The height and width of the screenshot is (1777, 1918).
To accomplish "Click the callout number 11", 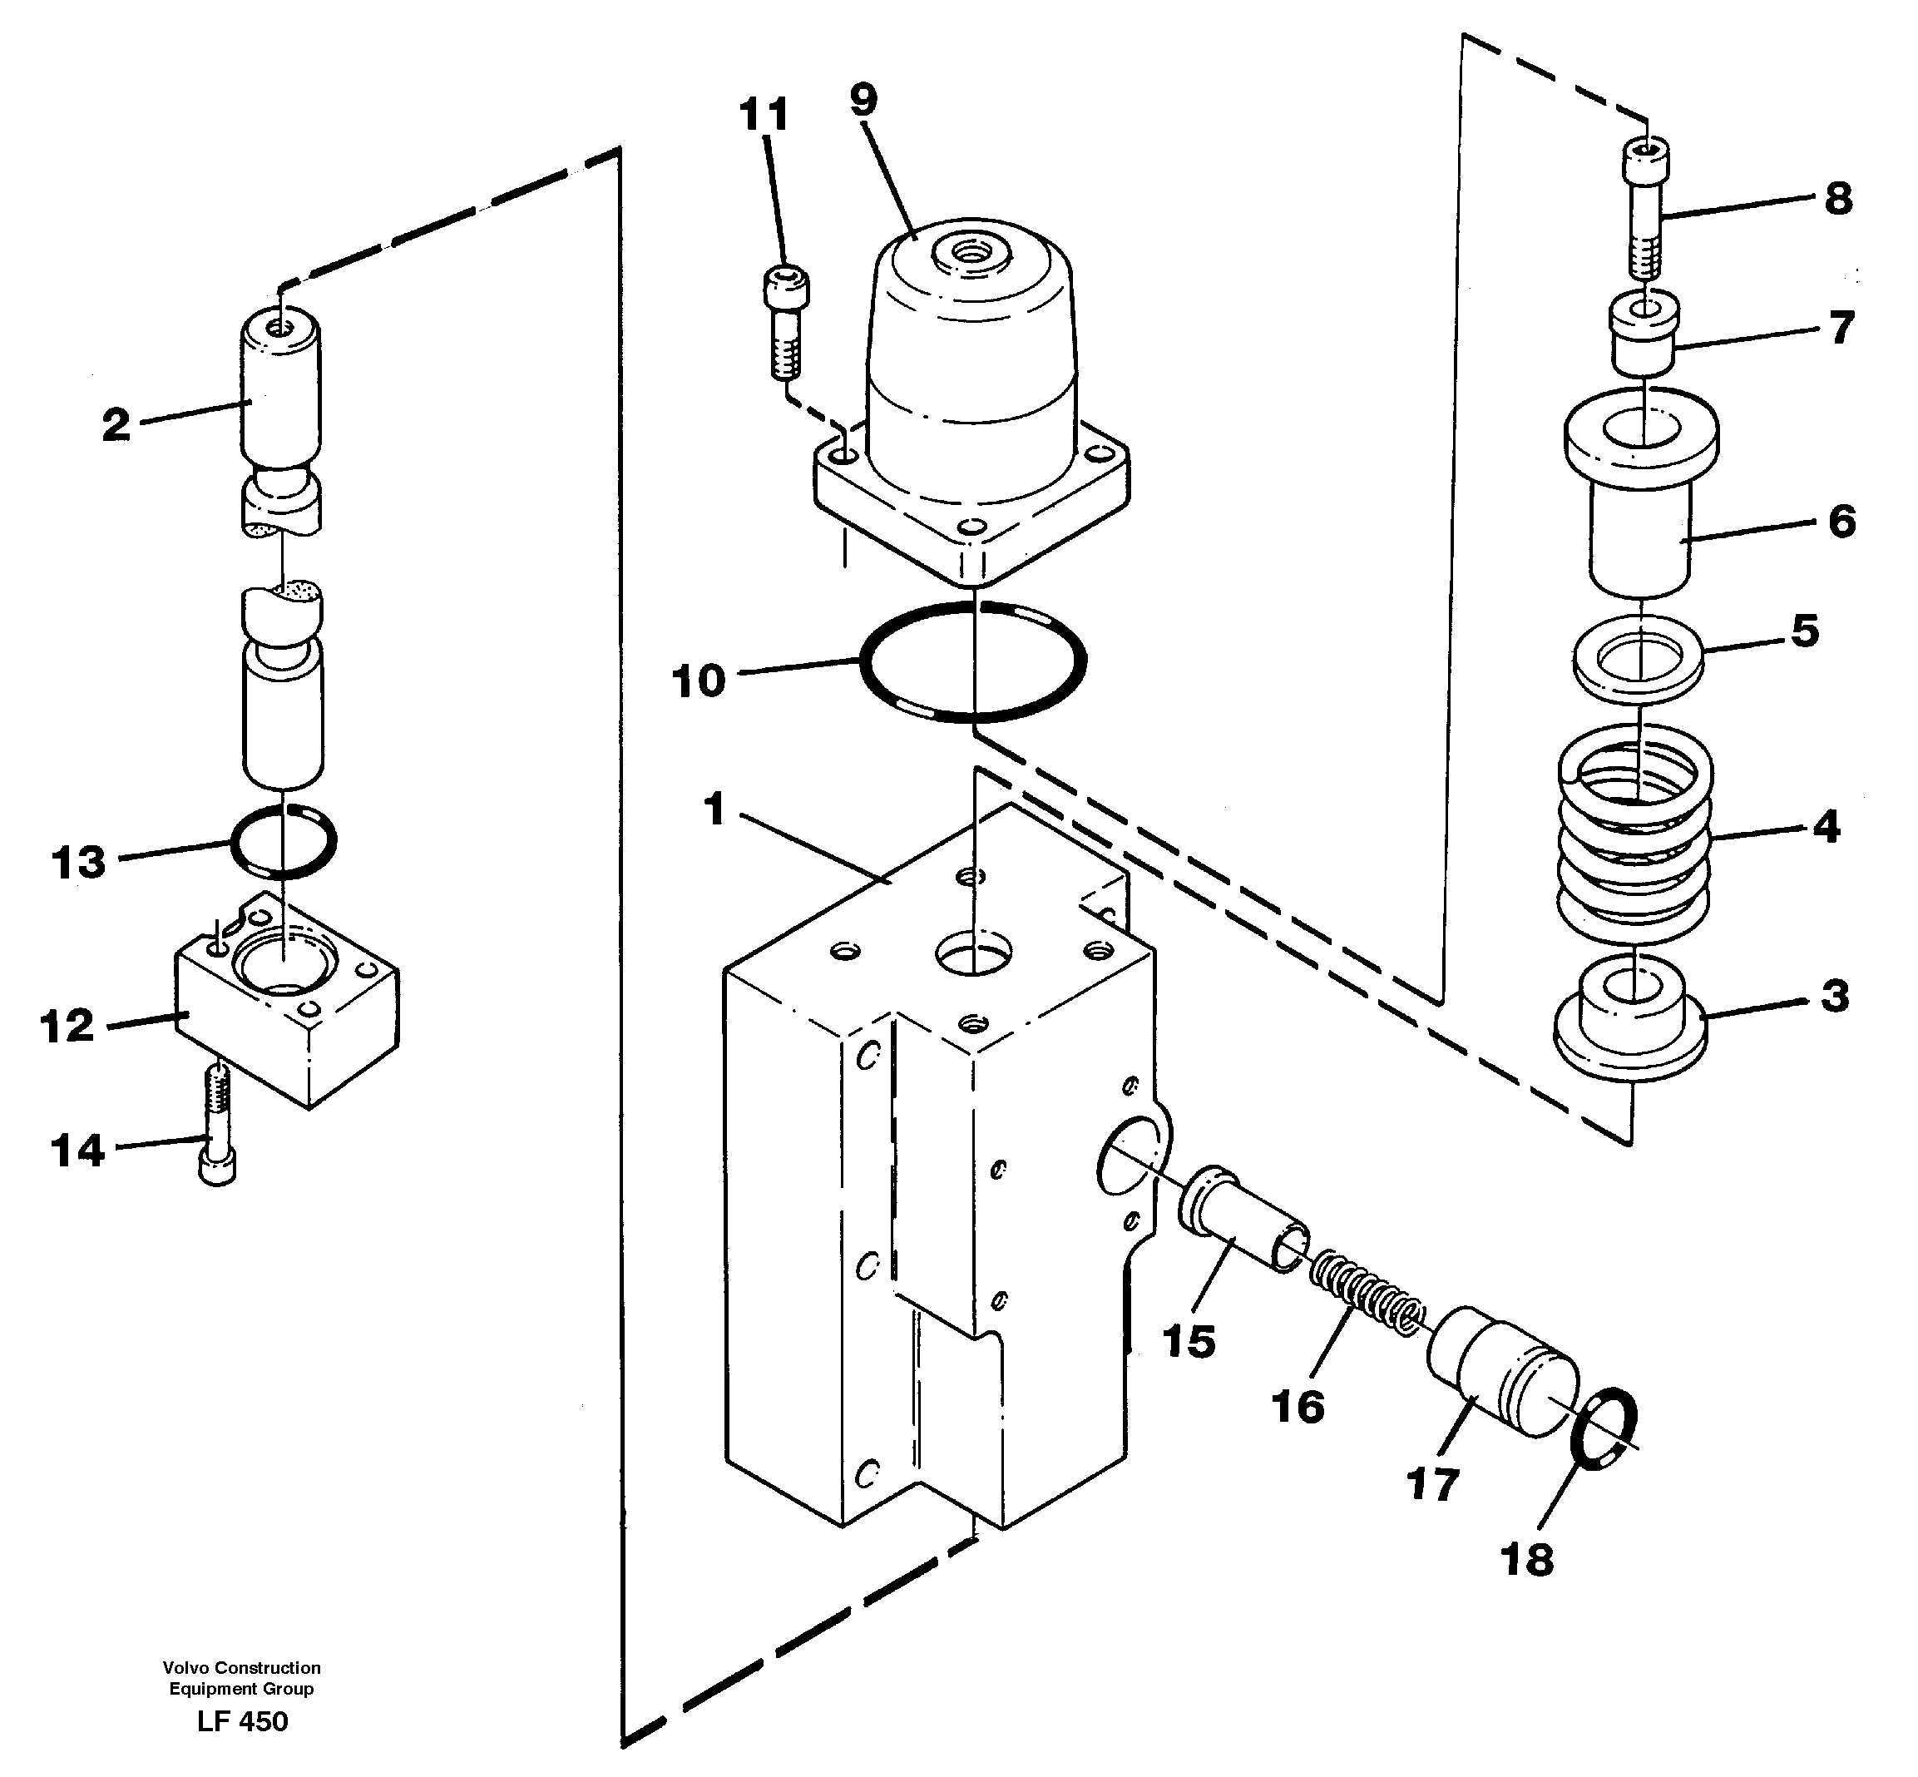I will (764, 115).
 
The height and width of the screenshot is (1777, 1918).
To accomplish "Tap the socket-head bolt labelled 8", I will (1646, 207).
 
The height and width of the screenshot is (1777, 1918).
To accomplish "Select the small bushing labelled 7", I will (1644, 337).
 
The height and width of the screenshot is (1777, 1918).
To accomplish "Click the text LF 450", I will (242, 1721).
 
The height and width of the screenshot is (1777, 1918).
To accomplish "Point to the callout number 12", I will (67, 1026).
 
